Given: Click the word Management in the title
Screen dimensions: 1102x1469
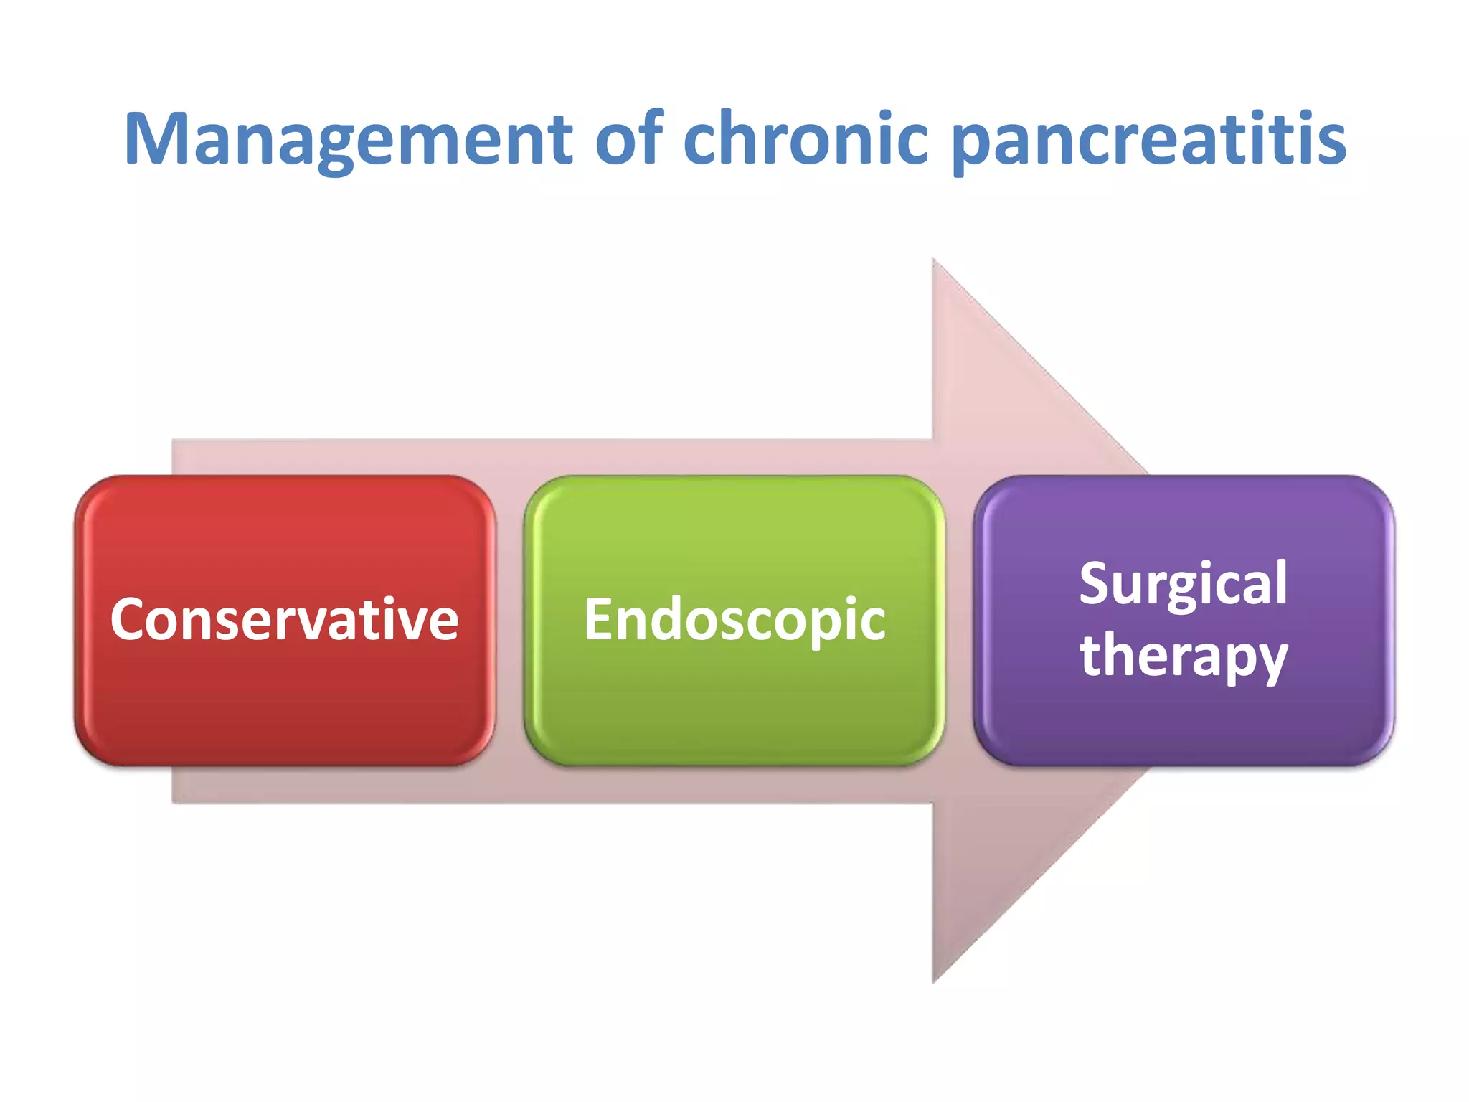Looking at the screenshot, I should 349,139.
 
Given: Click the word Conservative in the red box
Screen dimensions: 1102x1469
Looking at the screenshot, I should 285,620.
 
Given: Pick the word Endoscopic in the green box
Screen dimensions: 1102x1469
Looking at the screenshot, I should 734,621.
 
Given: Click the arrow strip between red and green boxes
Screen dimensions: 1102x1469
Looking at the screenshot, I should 510,620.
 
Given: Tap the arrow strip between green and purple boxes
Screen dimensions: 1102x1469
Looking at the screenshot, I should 959,620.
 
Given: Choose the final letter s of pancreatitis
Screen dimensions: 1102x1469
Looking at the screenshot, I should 1331,142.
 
